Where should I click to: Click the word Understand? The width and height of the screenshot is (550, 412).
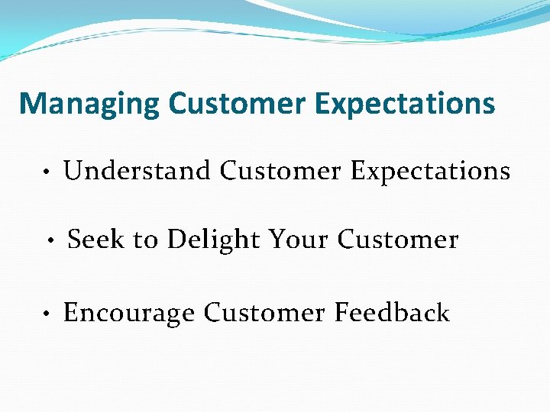pos(137,171)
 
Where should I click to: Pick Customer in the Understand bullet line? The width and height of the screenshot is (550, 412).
pos(280,171)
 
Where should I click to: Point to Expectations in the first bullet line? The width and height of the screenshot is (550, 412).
pos(430,172)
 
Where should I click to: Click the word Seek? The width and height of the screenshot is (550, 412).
pos(96,240)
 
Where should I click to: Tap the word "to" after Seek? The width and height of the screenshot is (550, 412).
pos(145,240)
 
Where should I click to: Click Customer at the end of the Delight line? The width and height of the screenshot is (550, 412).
pos(398,240)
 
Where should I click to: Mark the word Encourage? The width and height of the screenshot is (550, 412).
pos(129,313)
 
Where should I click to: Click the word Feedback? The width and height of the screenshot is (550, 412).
pos(391,312)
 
